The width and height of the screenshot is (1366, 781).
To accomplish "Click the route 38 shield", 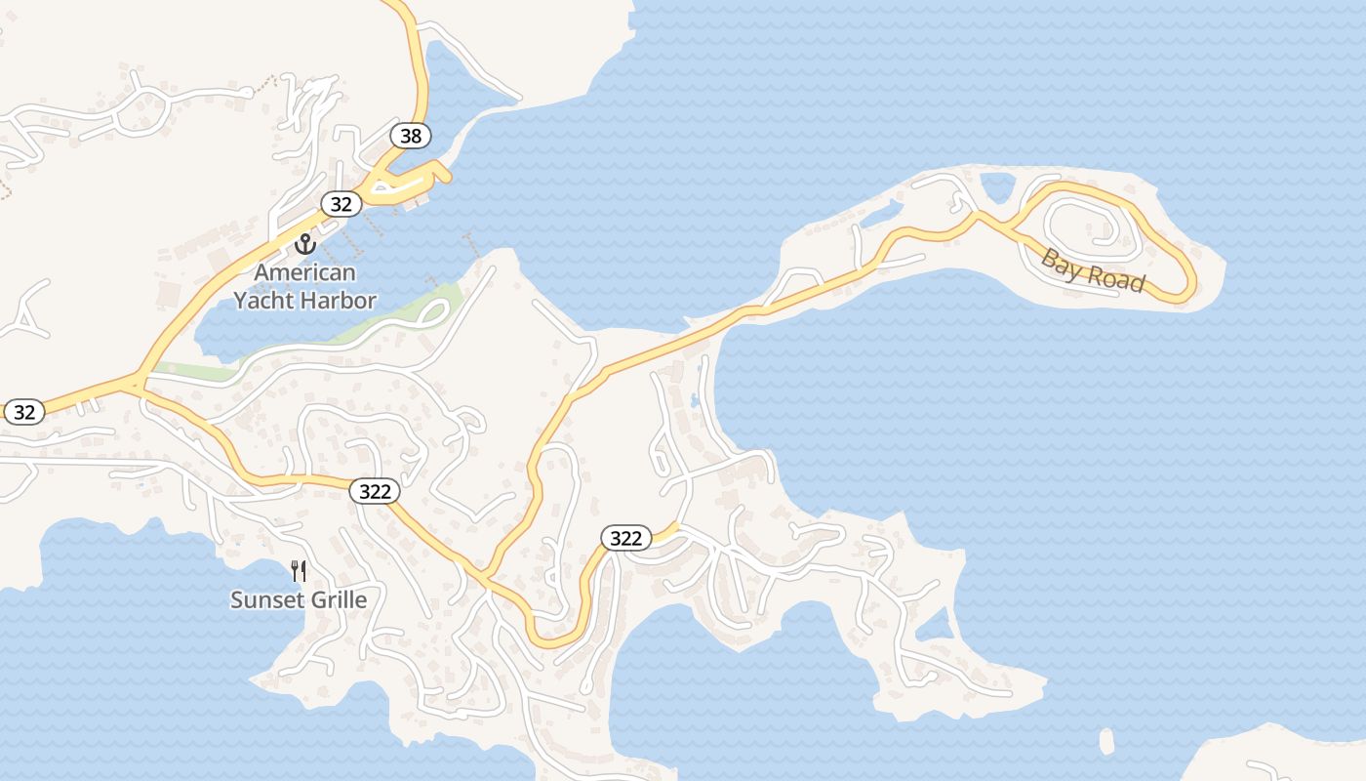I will [411, 136].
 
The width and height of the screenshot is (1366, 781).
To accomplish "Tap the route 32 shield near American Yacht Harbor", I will [341, 204].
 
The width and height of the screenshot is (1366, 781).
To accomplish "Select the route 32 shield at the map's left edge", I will [24, 412].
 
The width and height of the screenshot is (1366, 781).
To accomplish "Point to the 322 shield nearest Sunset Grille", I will [375, 491].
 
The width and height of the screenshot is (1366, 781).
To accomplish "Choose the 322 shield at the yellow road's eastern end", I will [626, 538].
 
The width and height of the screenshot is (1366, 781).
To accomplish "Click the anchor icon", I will [305, 243].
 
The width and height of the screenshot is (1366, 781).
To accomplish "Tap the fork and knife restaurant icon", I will [299, 571].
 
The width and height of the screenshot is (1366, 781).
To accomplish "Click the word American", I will [305, 272].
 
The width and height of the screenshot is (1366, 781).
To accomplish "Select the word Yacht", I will [263, 301].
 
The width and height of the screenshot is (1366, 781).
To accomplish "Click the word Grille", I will [334, 599].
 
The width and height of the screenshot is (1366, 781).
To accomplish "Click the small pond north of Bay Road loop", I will [997, 185].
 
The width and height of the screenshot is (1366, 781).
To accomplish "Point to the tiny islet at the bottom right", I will [1106, 742].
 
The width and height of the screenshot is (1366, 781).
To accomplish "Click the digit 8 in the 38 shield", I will [417, 136].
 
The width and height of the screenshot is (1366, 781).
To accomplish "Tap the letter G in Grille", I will [309, 599].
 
